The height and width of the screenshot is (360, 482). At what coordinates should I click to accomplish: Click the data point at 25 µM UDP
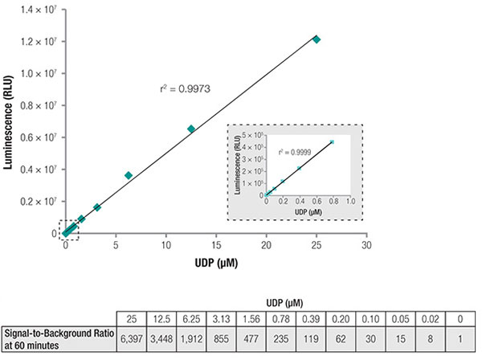click(x=317, y=39)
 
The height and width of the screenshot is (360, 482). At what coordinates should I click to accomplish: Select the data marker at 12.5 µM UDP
click(x=191, y=129)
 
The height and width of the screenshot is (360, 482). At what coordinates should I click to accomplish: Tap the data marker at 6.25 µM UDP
click(x=129, y=175)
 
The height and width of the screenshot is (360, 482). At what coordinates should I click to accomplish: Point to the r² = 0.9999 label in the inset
click(x=293, y=151)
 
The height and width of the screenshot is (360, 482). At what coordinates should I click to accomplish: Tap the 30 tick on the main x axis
click(x=366, y=246)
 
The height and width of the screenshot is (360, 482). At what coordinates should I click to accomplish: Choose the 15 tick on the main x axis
click(x=216, y=246)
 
